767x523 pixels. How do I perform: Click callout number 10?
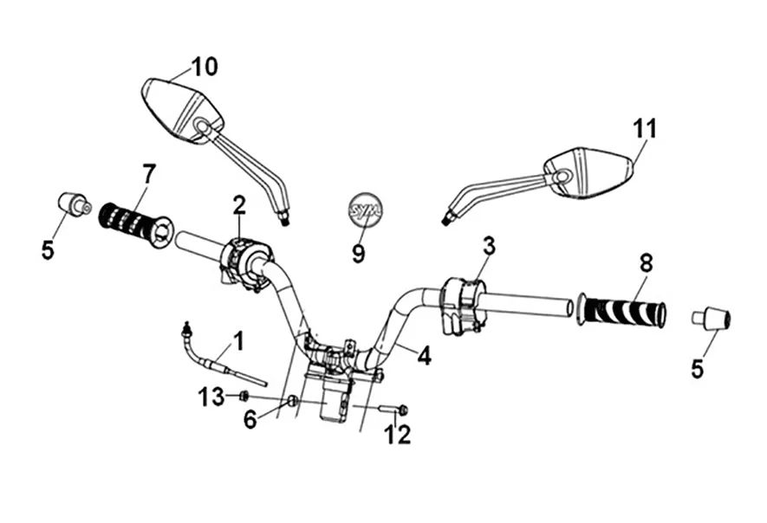205,67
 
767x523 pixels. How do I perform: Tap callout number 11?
644,129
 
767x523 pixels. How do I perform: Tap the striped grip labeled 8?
622,310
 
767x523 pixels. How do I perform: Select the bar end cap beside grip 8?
712,318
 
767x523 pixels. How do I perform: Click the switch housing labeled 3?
461,304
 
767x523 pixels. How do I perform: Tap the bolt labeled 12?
392,409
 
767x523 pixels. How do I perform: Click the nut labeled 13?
244,397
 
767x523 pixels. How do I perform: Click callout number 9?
358,254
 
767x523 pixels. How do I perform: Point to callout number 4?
423,355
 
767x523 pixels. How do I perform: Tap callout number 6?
250,420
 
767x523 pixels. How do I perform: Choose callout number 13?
211,397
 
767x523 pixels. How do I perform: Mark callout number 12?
398,434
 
